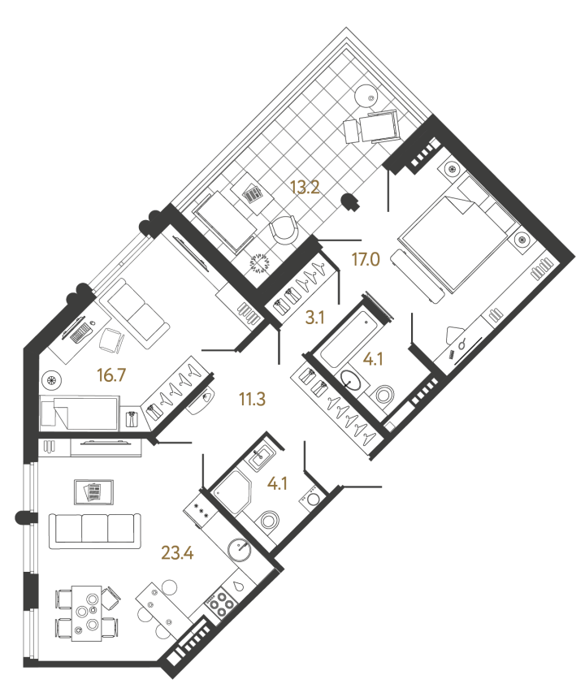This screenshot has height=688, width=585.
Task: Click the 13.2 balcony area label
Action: (305, 188)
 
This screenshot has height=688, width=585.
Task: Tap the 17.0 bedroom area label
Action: (366, 260)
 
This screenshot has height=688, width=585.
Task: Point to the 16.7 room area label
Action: (90, 375)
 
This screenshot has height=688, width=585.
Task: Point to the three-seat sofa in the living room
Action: (93, 530)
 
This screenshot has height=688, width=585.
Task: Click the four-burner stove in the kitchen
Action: (219, 604)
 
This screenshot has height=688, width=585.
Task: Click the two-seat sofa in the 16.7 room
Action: (138, 310)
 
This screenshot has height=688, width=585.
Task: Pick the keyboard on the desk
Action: (79, 331)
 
